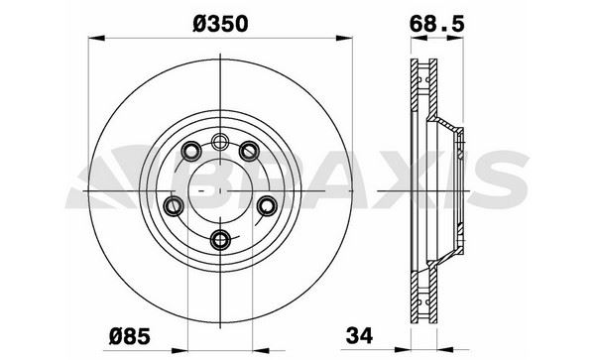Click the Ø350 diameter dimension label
pos(220,24)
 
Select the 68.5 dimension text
pos(436,24)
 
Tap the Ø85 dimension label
pos(130,336)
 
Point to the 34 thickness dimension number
pos(359,335)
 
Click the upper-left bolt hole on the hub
pos(191,151)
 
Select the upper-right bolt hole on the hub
pos(249,151)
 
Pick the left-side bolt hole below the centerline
pos(174,206)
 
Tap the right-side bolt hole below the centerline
pos(267,206)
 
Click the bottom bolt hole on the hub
pos(220,240)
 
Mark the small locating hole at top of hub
pos(219,142)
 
